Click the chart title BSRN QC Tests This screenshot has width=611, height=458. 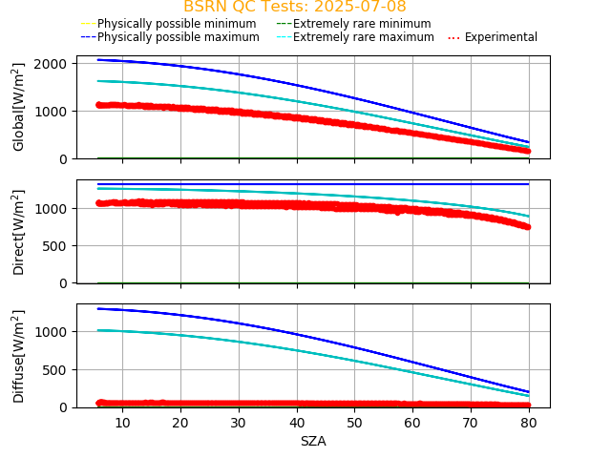[248, 7]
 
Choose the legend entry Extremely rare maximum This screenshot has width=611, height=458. [363, 37]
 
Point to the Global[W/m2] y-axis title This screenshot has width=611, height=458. [19, 107]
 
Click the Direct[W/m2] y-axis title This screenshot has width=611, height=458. [19, 232]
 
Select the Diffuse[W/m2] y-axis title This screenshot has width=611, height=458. [19, 356]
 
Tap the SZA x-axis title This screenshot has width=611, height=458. [313, 441]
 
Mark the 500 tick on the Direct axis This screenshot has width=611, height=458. [57, 246]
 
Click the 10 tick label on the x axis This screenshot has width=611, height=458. [122, 422]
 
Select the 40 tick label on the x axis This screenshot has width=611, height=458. [297, 422]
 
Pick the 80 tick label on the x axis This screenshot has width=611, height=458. [530, 422]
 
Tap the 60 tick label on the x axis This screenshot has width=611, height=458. [413, 422]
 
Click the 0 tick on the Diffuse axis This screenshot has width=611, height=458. [63, 407]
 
